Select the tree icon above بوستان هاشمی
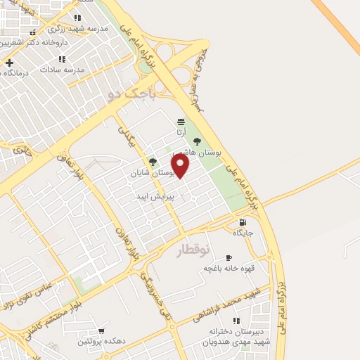[x=197, y=140]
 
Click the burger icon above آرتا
[x=181, y=122]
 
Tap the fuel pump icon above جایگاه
[x=243, y=221]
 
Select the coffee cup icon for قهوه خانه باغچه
[x=229, y=258]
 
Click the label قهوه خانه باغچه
[x=229, y=268]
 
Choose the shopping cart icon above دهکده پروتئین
[x=103, y=330]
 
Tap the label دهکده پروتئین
[x=103, y=341]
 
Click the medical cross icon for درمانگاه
[x=9, y=62]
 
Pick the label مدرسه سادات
[x=62, y=70]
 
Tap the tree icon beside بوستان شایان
[x=153, y=162]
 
